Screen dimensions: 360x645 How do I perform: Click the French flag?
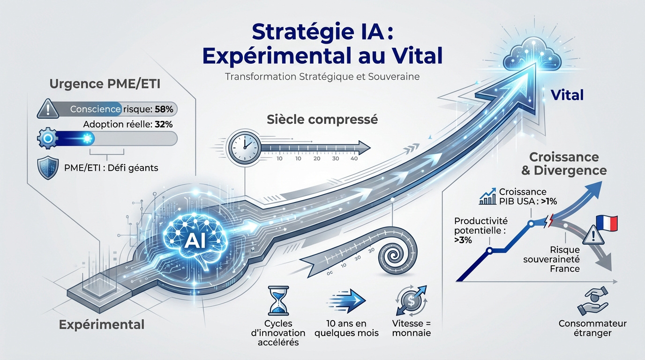click(x=607, y=224)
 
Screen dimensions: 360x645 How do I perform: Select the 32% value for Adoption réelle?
click(x=162, y=125)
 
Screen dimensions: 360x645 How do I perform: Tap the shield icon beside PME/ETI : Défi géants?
click(x=47, y=168)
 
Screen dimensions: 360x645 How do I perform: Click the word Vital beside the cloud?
click(x=567, y=95)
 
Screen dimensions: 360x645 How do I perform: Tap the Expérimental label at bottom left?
click(x=102, y=324)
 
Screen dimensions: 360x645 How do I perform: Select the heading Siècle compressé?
click(x=322, y=119)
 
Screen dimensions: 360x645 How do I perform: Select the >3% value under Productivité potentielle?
click(x=463, y=240)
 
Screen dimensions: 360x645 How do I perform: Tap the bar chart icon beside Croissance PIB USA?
click(x=488, y=197)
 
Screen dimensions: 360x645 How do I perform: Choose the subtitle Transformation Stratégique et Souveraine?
click(x=322, y=76)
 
